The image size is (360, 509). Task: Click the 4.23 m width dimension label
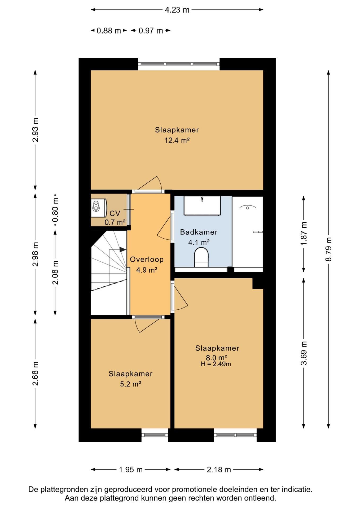(177, 10)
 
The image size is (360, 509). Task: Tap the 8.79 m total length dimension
(328, 249)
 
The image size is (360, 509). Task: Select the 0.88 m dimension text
(109, 31)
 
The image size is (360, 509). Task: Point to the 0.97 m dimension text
(151, 31)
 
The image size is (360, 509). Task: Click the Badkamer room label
(199, 232)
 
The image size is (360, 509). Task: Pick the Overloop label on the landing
(147, 259)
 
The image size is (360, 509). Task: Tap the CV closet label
(115, 213)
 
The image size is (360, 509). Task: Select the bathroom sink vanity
(202, 206)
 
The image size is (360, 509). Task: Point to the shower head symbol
(247, 207)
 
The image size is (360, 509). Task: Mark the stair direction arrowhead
(123, 249)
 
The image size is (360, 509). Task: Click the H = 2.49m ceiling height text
(216, 364)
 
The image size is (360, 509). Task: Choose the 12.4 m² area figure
(177, 140)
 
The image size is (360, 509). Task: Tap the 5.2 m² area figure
(130, 384)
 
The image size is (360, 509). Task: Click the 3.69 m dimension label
(304, 353)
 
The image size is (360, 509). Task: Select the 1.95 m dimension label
(131, 470)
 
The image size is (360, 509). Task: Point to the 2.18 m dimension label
(219, 470)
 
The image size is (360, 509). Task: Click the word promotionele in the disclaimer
(195, 489)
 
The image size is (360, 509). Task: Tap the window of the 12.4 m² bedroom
(179, 64)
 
